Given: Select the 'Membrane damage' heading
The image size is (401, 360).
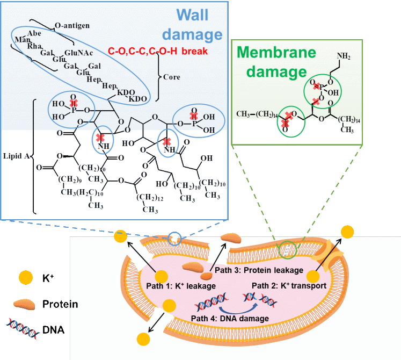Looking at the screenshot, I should click(x=272, y=61).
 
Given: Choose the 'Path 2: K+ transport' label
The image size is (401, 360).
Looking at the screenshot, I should click(x=289, y=285).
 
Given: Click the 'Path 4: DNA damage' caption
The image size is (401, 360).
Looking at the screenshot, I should click(x=230, y=318).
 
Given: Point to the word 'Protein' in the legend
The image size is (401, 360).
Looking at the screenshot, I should click(x=61, y=305).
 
